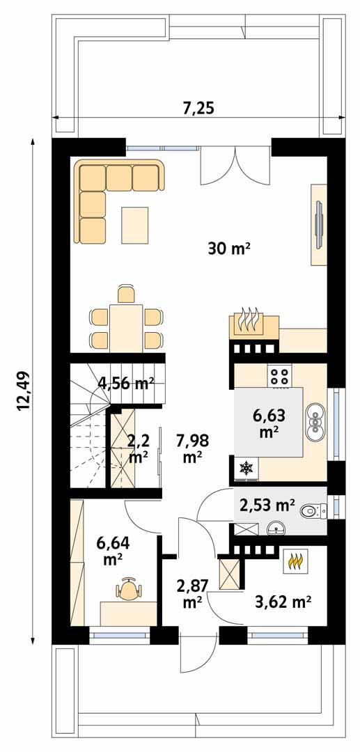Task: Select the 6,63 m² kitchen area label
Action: [265, 423]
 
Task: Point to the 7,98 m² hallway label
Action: [192, 448]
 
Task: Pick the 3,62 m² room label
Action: [283, 600]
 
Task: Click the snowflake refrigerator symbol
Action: [246, 469]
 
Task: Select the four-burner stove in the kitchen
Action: [280, 376]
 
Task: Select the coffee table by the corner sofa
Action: [135, 224]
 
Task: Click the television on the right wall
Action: [318, 225]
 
